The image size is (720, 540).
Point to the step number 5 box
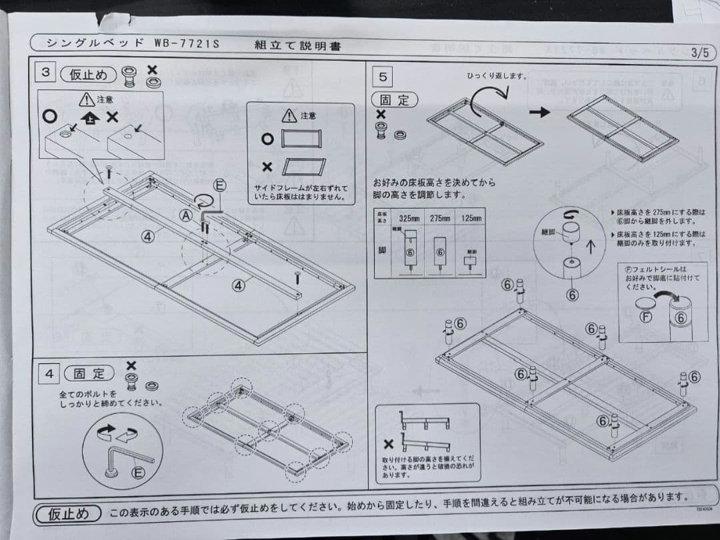[383, 77]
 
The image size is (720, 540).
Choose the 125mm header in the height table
[471, 218]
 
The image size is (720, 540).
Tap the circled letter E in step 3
[219, 185]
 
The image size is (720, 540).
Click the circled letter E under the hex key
[138, 473]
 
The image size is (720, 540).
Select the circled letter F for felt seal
[645, 316]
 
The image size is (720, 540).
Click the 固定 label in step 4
[88, 373]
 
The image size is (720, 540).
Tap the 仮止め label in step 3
[88, 74]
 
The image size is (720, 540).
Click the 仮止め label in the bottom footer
[69, 513]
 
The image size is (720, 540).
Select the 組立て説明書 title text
[298, 45]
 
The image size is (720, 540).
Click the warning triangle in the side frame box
[289, 116]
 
